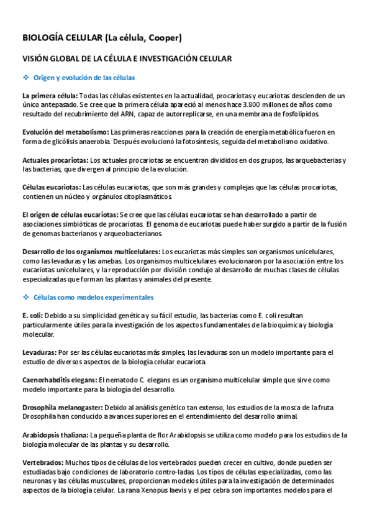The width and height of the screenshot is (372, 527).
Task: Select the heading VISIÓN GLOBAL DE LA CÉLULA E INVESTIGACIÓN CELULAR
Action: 127,58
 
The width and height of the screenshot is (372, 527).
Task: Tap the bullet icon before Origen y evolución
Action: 26,78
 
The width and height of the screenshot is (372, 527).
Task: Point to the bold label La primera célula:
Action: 50,96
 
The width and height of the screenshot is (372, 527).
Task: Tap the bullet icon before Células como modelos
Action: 26,298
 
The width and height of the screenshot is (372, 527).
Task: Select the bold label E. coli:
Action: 32,316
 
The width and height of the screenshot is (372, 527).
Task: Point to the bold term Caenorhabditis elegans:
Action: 60,380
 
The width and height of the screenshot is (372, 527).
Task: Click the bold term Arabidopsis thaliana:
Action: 55,435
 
